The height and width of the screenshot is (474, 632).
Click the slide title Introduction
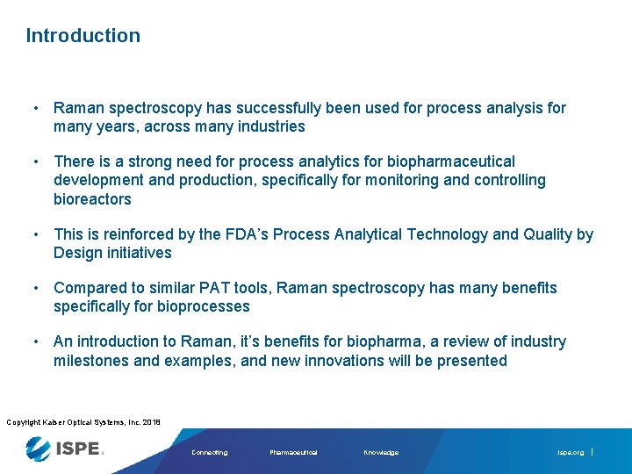pos(83,36)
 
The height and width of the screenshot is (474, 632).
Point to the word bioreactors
pos(92,199)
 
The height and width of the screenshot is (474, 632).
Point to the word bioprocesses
pos(204,306)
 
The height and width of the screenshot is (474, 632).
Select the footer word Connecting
pos(209,453)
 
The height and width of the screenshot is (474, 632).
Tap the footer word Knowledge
pos(381,453)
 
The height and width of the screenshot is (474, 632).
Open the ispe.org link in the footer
pos(571,453)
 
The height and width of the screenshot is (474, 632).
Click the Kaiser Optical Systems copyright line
pos(83,422)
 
